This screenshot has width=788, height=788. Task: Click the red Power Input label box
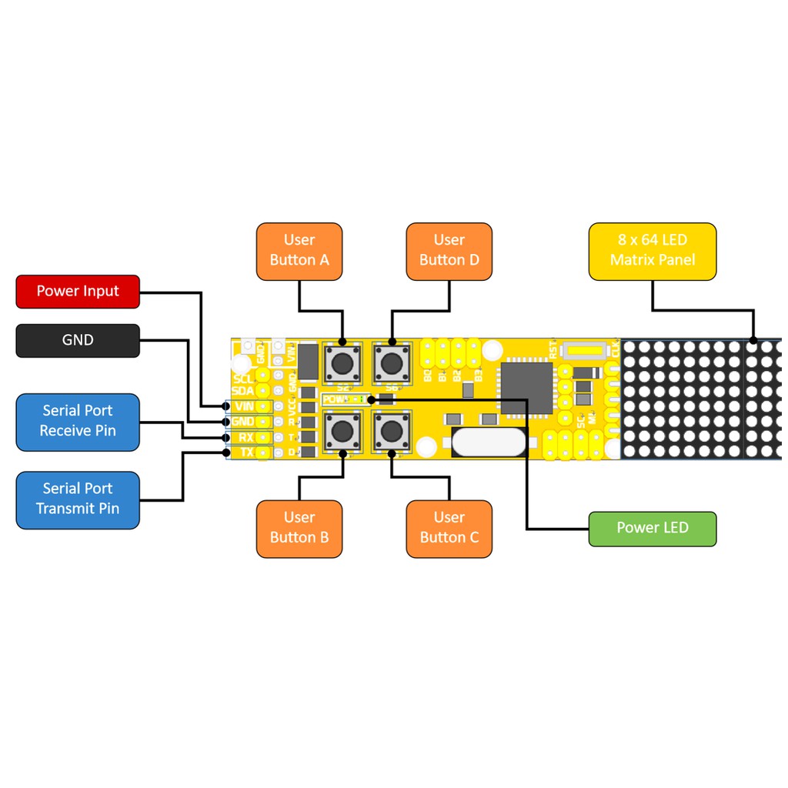click(x=78, y=292)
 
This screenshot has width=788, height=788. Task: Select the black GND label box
click(x=78, y=340)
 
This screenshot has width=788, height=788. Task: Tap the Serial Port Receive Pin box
click(x=78, y=421)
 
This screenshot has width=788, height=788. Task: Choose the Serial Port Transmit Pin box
click(x=78, y=499)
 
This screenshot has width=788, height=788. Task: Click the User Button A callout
click(x=299, y=250)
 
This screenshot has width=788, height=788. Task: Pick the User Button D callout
click(x=449, y=250)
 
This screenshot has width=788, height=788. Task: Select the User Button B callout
click(x=299, y=528)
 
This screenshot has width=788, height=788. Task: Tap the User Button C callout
click(x=449, y=528)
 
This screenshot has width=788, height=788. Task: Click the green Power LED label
click(x=652, y=529)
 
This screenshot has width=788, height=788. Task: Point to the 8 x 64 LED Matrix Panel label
click(x=652, y=250)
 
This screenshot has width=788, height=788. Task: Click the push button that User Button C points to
click(x=392, y=432)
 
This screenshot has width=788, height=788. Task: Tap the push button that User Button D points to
click(x=392, y=362)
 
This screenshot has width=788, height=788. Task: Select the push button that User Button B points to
click(x=342, y=432)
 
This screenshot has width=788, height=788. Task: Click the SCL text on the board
click(x=243, y=379)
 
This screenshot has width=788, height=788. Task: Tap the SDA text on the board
click(x=243, y=391)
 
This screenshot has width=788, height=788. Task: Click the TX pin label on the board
click(x=246, y=452)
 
